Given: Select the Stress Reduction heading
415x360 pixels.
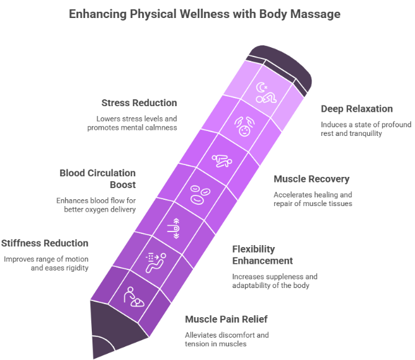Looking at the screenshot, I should (140, 102).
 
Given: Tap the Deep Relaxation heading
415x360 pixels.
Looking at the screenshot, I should (357, 109).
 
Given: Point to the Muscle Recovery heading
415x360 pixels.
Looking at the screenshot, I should (312, 179).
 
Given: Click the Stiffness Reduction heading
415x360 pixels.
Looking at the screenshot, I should (45, 243).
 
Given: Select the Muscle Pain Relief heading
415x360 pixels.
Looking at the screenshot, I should (226, 320).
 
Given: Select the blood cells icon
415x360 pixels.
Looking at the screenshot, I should (199, 194).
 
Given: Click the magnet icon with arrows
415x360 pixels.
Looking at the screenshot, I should (176, 229).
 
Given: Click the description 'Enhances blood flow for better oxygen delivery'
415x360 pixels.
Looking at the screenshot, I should (96, 204).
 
